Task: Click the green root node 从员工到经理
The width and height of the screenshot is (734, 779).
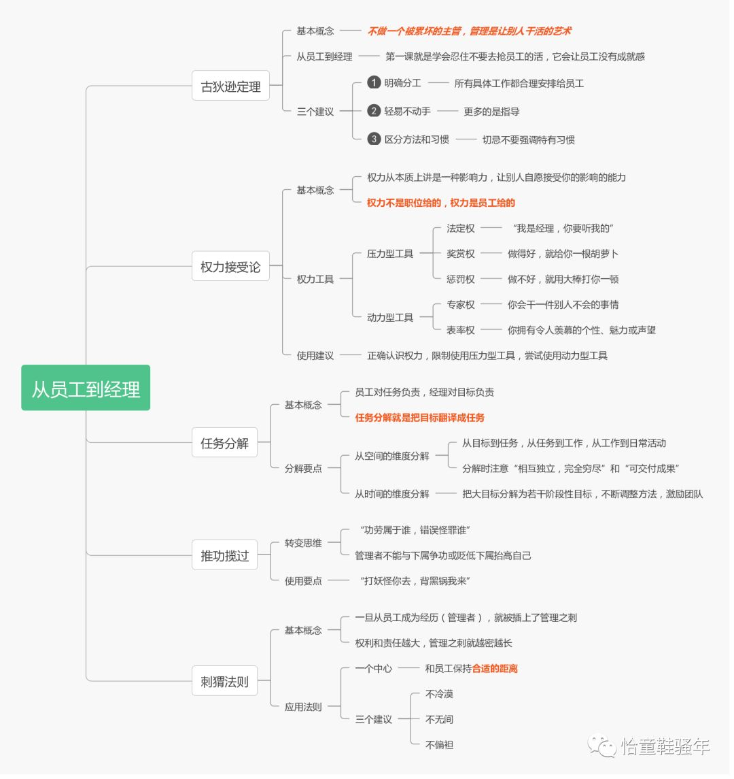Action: (86, 388)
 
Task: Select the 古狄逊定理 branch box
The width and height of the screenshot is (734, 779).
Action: (230, 86)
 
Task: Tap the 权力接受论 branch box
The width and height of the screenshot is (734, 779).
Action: (230, 267)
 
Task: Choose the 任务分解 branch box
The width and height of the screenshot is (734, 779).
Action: (224, 443)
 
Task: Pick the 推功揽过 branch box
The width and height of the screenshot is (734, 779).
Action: (224, 555)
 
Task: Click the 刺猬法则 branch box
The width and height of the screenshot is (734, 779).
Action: (224, 681)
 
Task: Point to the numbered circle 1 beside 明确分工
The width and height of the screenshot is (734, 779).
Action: (373, 83)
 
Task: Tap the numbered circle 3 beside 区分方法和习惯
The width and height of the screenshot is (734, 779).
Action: (373, 139)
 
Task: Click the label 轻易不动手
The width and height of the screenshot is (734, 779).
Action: (407, 111)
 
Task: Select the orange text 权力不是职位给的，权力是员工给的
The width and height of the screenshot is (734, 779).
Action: (440, 203)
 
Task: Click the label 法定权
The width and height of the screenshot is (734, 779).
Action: (460, 229)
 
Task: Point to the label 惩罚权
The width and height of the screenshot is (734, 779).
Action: (460, 279)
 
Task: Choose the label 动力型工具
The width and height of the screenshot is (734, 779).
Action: (389, 317)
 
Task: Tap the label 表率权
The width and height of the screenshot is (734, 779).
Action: (460, 330)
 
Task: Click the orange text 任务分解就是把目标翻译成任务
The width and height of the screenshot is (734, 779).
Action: (419, 418)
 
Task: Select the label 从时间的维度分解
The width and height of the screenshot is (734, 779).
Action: (391, 494)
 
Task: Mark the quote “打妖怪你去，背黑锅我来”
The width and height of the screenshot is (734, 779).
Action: (415, 581)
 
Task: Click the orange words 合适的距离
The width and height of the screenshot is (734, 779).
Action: (495, 669)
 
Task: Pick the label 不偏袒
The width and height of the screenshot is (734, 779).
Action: (439, 745)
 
